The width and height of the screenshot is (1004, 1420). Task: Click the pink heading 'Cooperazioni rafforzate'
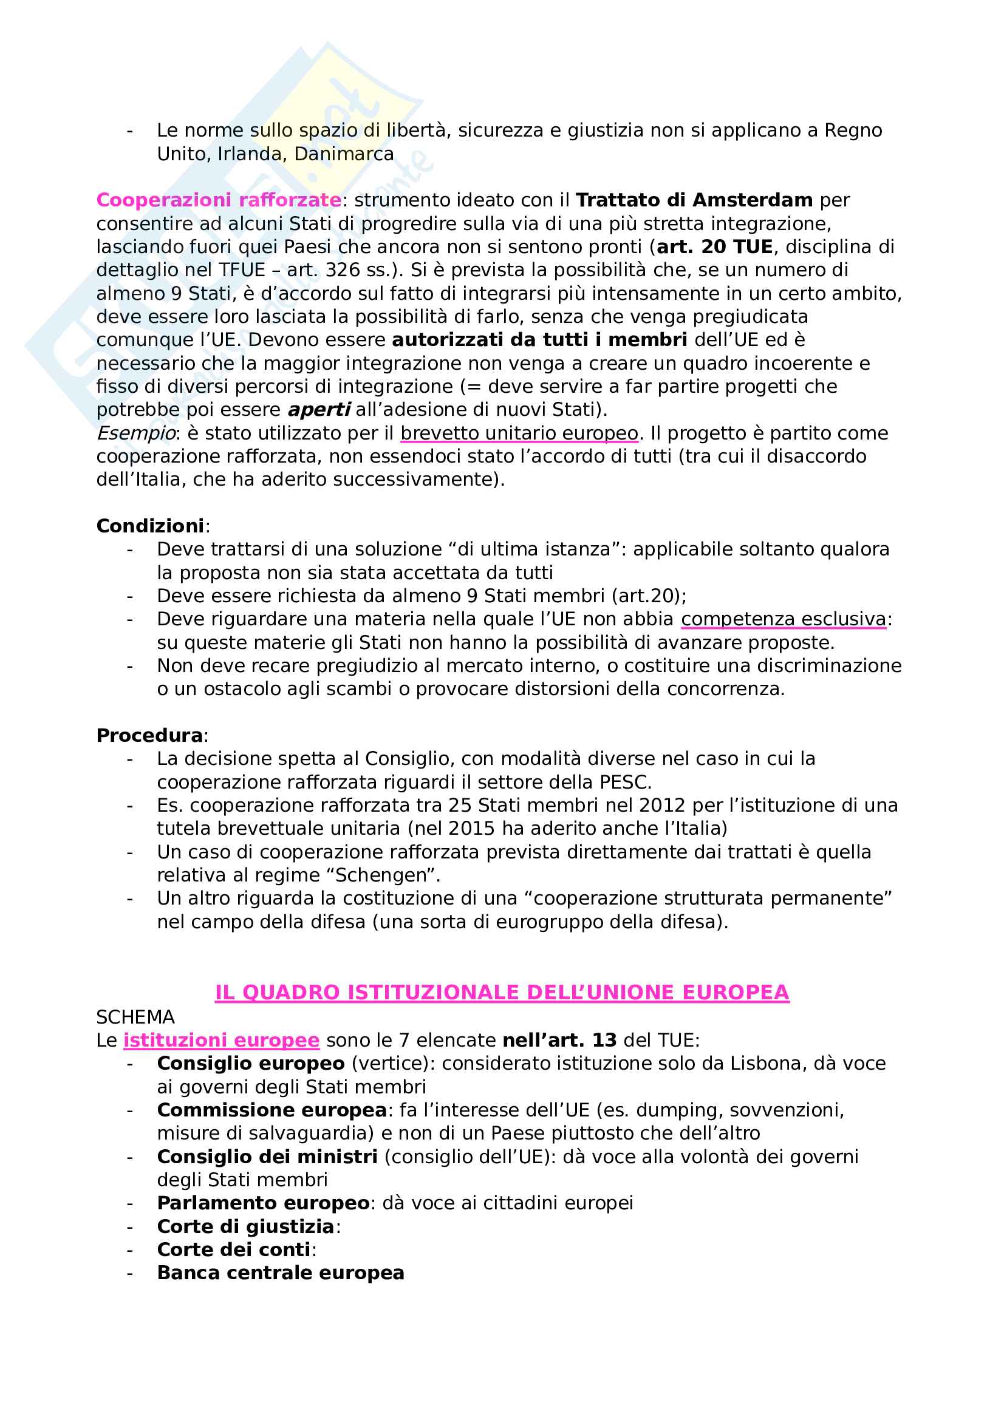(219, 200)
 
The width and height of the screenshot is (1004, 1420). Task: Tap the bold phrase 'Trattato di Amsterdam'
(694, 200)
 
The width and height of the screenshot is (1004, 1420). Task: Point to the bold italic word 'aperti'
(319, 409)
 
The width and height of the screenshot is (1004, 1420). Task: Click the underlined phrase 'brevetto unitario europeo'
(519, 433)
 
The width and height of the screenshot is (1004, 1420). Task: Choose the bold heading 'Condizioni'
(149, 526)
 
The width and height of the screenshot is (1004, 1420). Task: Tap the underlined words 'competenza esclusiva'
(783, 619)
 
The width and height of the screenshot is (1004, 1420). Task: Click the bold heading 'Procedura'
(149, 735)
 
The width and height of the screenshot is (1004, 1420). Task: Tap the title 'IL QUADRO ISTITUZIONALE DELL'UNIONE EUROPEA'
(502, 992)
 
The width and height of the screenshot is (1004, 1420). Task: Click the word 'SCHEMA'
(135, 1017)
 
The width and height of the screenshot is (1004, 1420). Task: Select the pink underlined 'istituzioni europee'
(221, 1041)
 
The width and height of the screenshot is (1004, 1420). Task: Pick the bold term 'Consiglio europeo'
(250, 1063)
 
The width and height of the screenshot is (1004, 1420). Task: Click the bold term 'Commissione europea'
(271, 1110)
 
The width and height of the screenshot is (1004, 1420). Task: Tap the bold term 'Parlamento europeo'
(263, 1203)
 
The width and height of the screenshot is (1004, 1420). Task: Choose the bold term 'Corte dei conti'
(233, 1249)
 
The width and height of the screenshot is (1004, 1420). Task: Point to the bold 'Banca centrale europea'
(280, 1273)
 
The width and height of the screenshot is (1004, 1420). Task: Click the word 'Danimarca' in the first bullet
(344, 154)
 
